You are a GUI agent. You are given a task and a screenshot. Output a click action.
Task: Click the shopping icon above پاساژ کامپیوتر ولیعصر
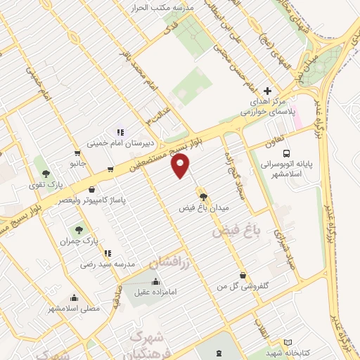pos(92,188)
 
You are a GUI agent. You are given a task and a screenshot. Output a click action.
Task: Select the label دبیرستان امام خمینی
pos(115,144)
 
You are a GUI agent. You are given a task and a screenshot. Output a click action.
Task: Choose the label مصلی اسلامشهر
pos(74,308)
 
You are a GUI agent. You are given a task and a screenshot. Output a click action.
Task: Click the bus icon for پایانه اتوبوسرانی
pos(286,153)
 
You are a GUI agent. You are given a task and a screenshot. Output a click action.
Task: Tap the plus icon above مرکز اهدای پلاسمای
pos(267,91)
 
